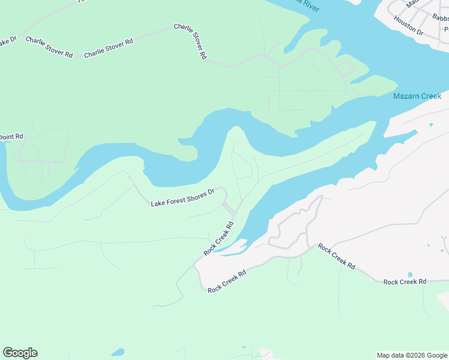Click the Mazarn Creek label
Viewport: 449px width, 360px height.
(x=417, y=96)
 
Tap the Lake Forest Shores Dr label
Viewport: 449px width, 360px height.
(x=182, y=199)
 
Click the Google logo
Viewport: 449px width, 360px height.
(x=20, y=353)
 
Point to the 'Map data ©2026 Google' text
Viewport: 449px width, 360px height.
(x=412, y=355)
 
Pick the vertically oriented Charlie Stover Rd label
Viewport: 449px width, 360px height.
(x=199, y=41)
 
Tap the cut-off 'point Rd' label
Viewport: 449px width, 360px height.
(x=11, y=136)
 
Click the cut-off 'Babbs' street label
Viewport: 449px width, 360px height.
(x=440, y=18)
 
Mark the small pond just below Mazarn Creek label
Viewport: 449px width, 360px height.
(x=431, y=125)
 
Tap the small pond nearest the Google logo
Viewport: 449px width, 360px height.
(x=118, y=352)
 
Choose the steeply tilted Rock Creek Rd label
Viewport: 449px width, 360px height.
(x=218, y=239)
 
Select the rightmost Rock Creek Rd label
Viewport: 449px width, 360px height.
(x=405, y=281)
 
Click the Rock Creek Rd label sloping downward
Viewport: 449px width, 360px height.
(x=336, y=256)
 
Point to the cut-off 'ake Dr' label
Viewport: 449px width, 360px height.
(x=8, y=41)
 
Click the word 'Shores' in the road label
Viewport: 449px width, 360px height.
(x=194, y=196)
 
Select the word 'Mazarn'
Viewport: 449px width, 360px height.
(x=405, y=96)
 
